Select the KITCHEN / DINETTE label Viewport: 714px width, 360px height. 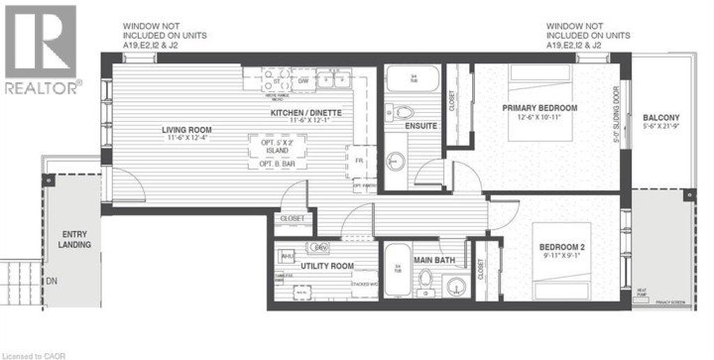pyautogui.click(x=306, y=114)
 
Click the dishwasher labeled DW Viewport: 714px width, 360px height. pyautogui.click(x=305, y=81)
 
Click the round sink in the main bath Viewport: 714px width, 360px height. pyautogui.click(x=457, y=288)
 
